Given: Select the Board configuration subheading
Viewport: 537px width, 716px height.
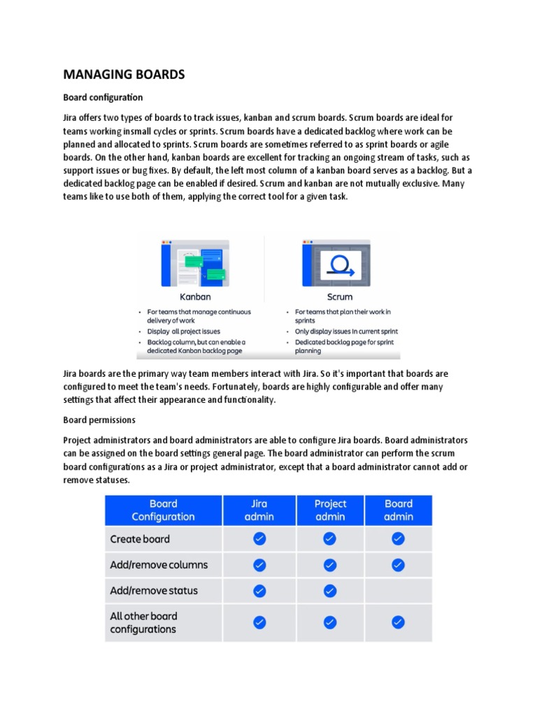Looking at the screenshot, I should coord(103,97).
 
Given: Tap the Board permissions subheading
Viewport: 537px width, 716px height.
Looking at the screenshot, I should coord(99,420).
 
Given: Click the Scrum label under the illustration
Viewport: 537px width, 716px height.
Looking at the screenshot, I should coord(340,296).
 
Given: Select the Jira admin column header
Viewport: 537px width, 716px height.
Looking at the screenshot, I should coord(259,510).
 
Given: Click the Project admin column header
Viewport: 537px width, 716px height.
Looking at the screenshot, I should coord(330,510).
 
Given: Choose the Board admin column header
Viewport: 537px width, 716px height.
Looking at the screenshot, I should coord(399,510).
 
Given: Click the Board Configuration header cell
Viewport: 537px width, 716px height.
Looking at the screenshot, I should coord(164,510).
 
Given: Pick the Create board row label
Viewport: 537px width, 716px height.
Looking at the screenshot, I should coord(140,539).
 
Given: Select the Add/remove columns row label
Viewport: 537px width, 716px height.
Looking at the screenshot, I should coord(159,565).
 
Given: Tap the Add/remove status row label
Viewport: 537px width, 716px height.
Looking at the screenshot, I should coord(154,591).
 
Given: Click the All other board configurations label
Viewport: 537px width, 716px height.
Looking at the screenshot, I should coord(143,622).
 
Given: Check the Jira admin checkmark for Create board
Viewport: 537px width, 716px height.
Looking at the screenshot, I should coord(259,538).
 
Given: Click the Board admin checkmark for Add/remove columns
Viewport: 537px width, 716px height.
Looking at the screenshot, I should coord(398,564).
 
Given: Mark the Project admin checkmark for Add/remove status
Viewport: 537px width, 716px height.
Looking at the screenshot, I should coord(330,591).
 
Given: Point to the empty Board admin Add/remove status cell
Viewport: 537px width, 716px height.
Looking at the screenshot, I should coord(398,591).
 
